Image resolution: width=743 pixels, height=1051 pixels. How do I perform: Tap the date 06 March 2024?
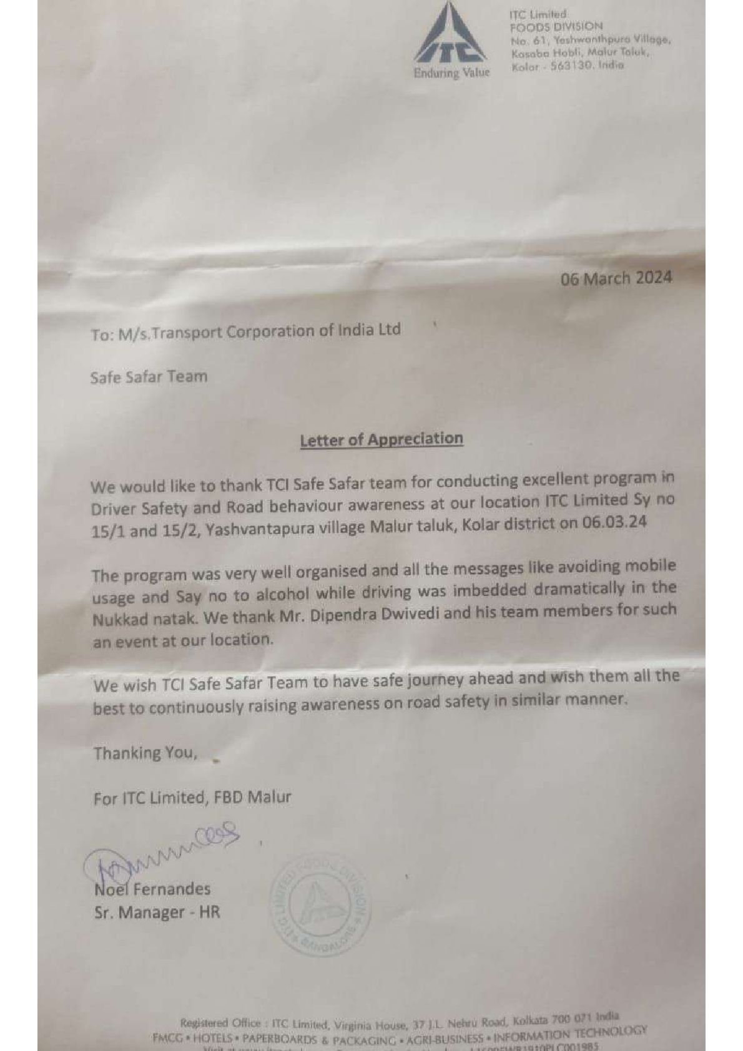tap(616, 278)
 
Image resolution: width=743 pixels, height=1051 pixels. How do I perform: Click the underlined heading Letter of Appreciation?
tap(381, 439)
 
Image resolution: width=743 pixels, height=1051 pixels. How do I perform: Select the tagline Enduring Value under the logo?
tap(451, 73)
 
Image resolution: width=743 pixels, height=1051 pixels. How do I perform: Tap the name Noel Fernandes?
tap(152, 889)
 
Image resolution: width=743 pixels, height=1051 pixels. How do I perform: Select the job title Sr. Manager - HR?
tap(157, 912)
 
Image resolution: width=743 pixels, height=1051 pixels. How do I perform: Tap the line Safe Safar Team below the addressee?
tap(149, 377)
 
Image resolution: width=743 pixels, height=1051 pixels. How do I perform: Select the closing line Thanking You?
tap(145, 753)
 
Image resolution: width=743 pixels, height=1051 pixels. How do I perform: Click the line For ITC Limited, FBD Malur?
tap(192, 798)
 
